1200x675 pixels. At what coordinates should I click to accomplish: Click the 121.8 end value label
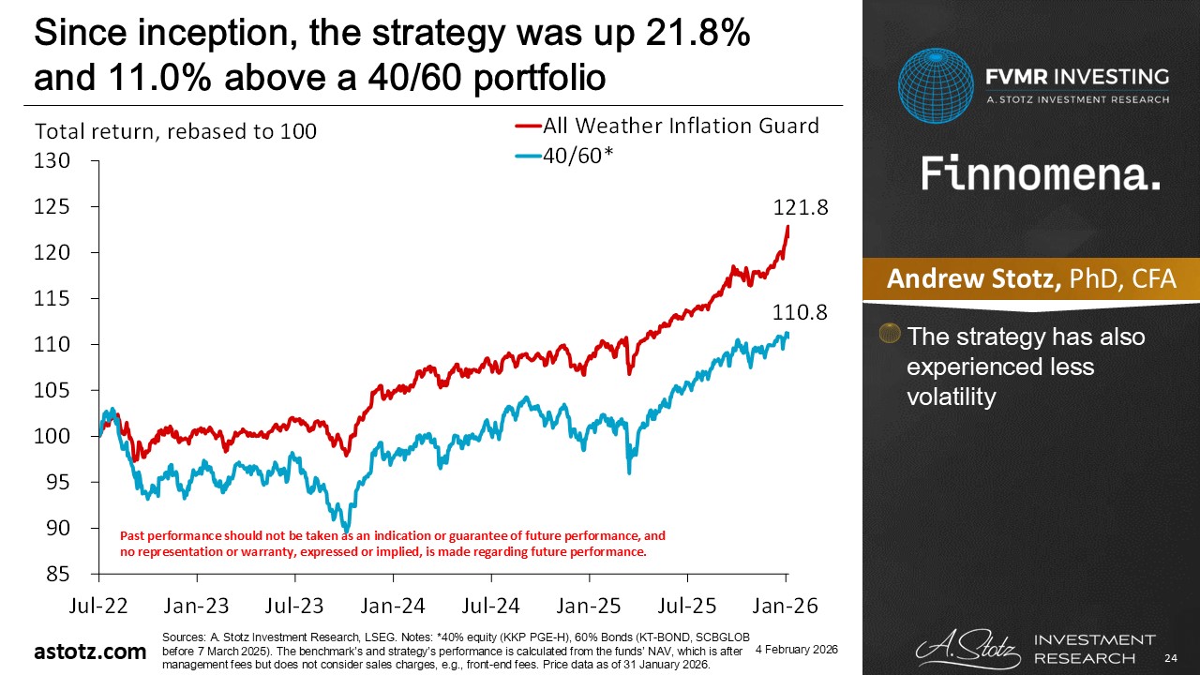800,209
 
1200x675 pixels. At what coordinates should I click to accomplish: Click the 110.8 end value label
800,313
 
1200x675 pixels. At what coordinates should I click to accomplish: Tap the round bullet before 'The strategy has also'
891,335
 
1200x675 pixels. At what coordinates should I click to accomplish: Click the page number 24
1169,655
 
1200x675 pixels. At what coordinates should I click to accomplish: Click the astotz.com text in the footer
90,652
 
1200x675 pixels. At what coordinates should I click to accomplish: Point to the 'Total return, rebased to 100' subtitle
176,132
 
